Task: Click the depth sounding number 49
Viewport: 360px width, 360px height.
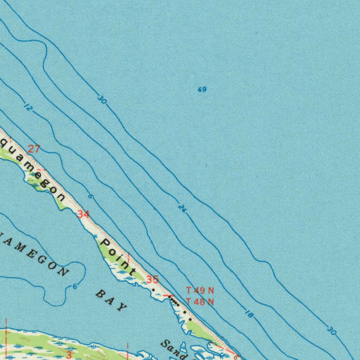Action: coord(202,90)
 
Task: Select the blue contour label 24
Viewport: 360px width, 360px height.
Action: coord(182,208)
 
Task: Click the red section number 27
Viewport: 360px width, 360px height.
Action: coord(34,149)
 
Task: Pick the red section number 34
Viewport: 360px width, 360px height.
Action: coord(83,214)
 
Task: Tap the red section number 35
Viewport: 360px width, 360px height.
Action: coord(153,280)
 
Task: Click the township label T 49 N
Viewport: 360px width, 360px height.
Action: coord(200,291)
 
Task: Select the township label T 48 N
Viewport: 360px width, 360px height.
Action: coord(200,302)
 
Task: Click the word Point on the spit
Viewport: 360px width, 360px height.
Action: coord(118,257)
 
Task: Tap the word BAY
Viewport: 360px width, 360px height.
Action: coord(111,301)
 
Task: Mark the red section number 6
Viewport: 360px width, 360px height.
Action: coord(236,356)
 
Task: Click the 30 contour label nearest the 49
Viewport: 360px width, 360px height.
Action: coord(102,101)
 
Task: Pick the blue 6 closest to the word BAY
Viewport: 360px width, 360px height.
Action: coord(75,287)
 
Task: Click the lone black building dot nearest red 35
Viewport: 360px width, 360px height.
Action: coord(153,290)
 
